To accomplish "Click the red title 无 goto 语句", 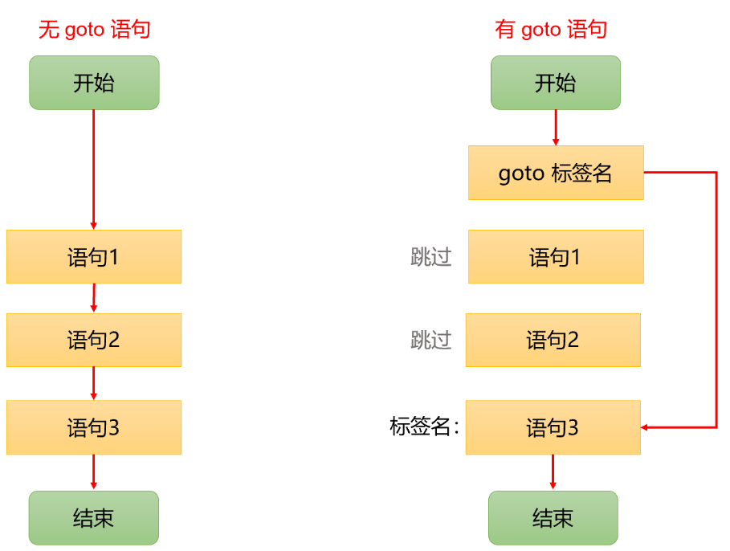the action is [x=95, y=31].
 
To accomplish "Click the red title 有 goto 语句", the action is [x=551, y=31].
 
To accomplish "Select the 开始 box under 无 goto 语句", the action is [x=94, y=83].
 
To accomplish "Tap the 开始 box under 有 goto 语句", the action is [x=556, y=83].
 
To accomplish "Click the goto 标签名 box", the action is [x=556, y=173].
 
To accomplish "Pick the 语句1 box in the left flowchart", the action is [x=94, y=257].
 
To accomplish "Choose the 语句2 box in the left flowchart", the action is [x=94, y=340].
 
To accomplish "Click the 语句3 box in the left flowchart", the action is [x=94, y=427].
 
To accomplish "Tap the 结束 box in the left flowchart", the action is [x=94, y=518].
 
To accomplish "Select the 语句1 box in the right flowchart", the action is [x=556, y=257].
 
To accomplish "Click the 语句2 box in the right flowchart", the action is [x=553, y=340].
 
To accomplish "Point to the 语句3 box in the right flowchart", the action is [x=553, y=427].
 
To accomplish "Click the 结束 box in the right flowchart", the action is [x=553, y=518].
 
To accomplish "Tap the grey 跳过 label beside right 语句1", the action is [x=431, y=257].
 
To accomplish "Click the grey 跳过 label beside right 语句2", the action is [x=431, y=340].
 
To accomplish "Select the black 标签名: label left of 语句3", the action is [x=424, y=427].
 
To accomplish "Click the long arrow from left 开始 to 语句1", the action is [x=94, y=169].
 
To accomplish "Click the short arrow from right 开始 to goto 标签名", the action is [x=556, y=128].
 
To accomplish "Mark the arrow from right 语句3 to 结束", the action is [x=553, y=472].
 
